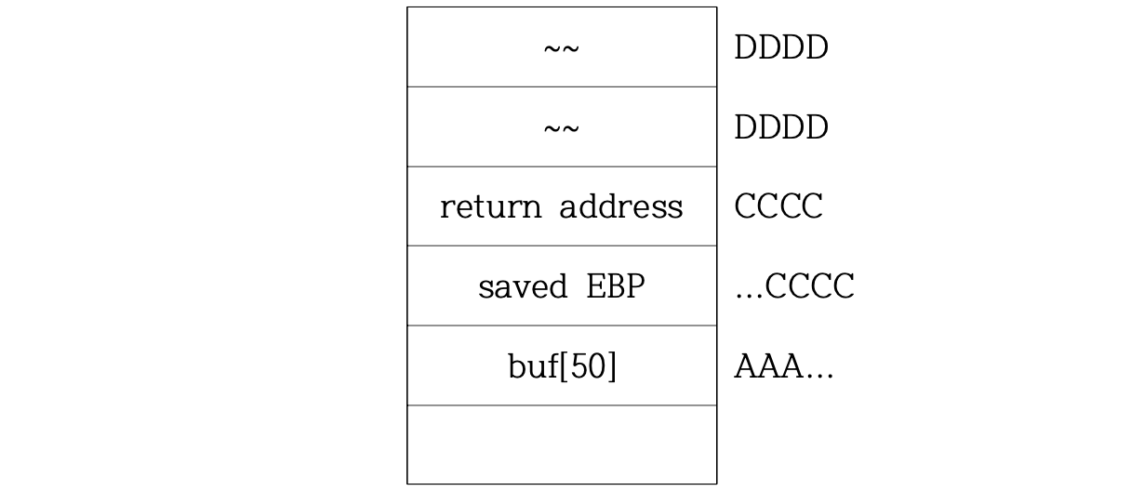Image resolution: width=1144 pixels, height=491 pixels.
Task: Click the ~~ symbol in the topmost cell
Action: pyautogui.click(x=561, y=48)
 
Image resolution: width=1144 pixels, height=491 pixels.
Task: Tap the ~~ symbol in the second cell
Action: pyautogui.click(x=561, y=127)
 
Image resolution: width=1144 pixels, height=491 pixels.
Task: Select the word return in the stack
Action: pyautogui.click(x=490, y=206)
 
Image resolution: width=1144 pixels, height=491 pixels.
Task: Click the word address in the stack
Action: pyautogui.click(x=620, y=206)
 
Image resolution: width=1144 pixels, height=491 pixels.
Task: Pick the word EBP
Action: pyautogui.click(x=615, y=286)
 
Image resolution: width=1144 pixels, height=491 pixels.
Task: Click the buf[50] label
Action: pyautogui.click(x=562, y=367)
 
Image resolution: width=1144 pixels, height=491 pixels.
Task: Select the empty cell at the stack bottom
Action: pyautogui.click(x=562, y=445)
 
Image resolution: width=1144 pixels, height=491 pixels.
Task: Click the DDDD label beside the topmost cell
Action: pyautogui.click(x=780, y=48)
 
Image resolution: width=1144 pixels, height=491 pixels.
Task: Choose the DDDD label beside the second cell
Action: pyautogui.click(x=780, y=127)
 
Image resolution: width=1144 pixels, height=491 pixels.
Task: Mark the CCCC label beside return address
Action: pyautogui.click(x=778, y=206)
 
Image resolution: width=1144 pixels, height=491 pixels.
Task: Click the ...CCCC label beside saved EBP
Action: pyautogui.click(x=793, y=286)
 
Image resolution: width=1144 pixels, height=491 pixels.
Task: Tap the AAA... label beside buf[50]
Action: pyautogui.click(x=783, y=368)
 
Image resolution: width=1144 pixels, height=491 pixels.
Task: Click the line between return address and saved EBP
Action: pyautogui.click(x=562, y=246)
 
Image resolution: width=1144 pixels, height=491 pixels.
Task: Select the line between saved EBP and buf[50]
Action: pyautogui.click(x=562, y=325)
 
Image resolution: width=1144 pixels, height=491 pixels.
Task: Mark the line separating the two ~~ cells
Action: pyautogui.click(x=562, y=87)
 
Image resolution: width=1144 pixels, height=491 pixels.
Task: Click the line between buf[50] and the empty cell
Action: pyautogui.click(x=562, y=405)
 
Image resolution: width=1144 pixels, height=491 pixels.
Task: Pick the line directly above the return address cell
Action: pyautogui.click(x=562, y=167)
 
